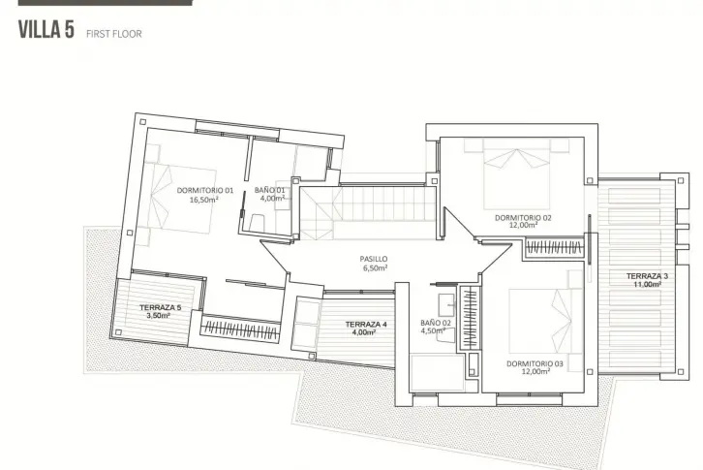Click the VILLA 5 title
(x=46, y=30)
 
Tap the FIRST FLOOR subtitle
(x=114, y=34)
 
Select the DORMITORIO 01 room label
(x=205, y=190)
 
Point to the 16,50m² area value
(x=203, y=200)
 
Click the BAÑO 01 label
(x=269, y=190)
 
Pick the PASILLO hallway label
(x=374, y=259)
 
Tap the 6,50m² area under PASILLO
(x=376, y=268)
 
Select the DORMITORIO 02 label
(x=523, y=218)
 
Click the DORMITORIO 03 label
(x=535, y=363)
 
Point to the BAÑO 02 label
(x=436, y=323)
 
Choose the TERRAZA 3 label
(x=647, y=276)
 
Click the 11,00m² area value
(x=647, y=284)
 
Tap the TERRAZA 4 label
(x=366, y=324)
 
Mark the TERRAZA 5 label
(x=160, y=307)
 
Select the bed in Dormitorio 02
(x=517, y=173)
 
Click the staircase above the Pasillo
(x=367, y=213)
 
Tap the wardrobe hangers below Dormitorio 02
(x=554, y=247)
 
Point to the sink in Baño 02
(x=446, y=305)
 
